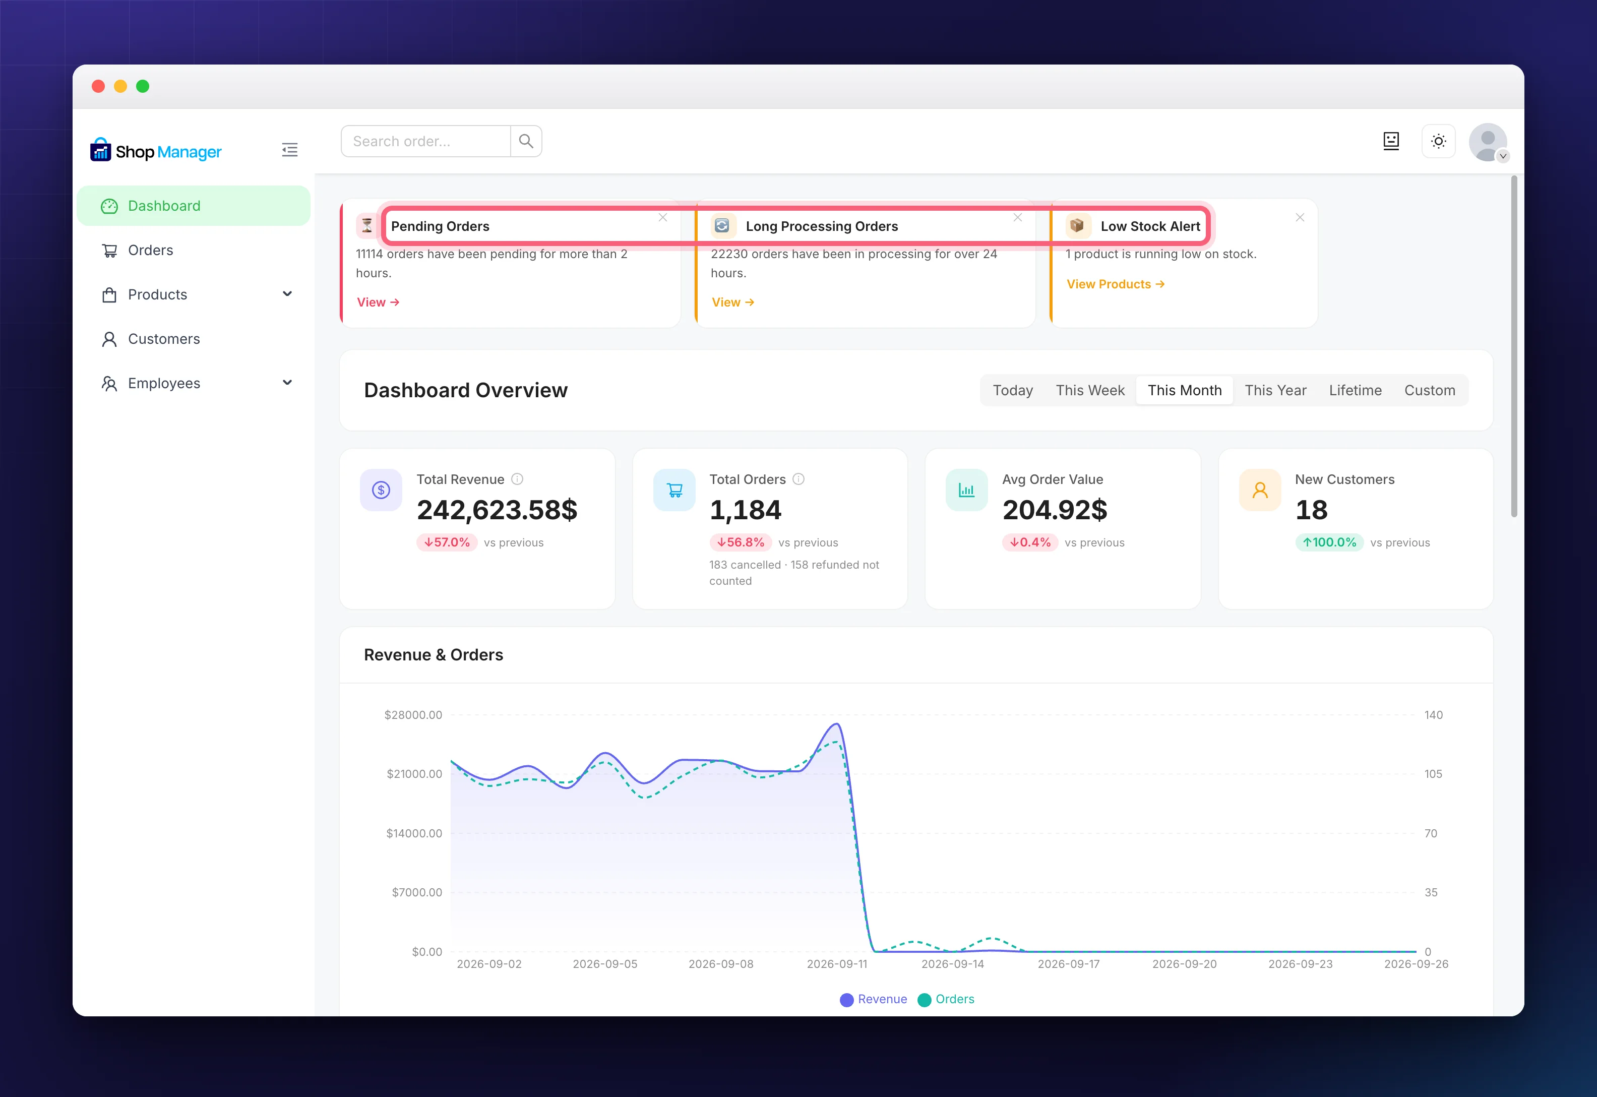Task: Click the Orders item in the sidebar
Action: click(x=151, y=250)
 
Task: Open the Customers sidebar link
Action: click(x=163, y=339)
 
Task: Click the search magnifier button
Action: click(x=526, y=141)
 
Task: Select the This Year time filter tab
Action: click(x=1275, y=390)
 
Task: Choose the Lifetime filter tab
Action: click(x=1355, y=390)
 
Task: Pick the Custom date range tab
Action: click(x=1429, y=390)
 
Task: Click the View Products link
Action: click(x=1115, y=284)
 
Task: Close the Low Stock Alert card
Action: click(x=1300, y=217)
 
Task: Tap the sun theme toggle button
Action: click(x=1438, y=141)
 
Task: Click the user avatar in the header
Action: click(x=1488, y=142)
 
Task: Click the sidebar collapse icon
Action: click(x=290, y=150)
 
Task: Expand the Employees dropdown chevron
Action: click(x=287, y=383)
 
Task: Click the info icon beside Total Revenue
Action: click(x=517, y=479)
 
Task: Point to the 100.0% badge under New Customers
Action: click(x=1329, y=542)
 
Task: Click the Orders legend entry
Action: click(x=946, y=999)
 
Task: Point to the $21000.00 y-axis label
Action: click(x=414, y=774)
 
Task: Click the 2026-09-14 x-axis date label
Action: click(x=952, y=964)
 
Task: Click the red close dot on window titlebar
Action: click(x=98, y=86)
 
